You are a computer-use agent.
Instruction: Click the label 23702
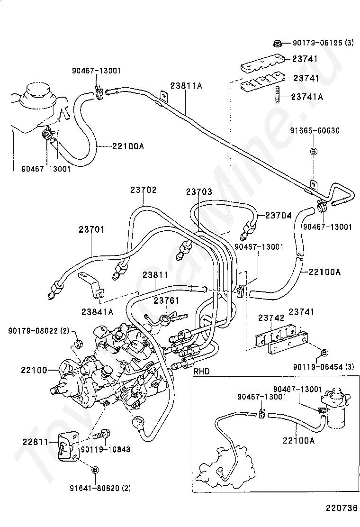pyautogui.click(x=143, y=190)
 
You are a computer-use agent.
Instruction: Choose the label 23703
pyautogui.click(x=199, y=192)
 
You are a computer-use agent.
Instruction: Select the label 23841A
pyautogui.click(x=97, y=311)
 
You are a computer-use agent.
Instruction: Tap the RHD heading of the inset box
pyautogui.click(x=202, y=372)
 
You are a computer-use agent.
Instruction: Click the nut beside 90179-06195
pyautogui.click(x=278, y=44)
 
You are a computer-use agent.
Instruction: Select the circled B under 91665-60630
pyautogui.click(x=313, y=151)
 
